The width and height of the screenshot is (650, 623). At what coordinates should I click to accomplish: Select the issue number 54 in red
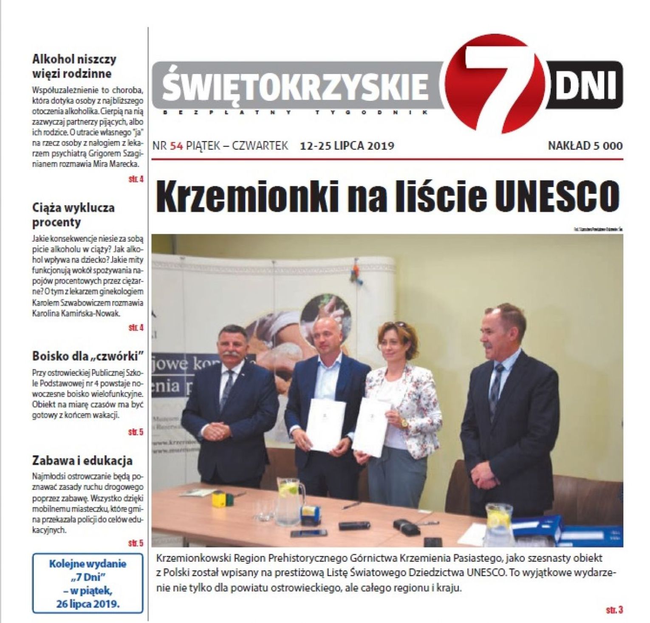(176, 146)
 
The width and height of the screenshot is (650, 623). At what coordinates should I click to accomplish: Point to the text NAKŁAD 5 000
(585, 146)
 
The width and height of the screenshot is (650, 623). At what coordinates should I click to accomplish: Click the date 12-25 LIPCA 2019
(347, 146)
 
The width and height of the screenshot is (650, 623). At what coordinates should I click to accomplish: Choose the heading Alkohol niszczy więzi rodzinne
(74, 66)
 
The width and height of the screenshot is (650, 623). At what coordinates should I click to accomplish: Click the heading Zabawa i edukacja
(82, 461)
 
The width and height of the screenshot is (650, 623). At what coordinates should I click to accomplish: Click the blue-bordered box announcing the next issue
(88, 583)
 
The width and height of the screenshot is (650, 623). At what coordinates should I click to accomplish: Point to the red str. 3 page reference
(614, 610)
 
